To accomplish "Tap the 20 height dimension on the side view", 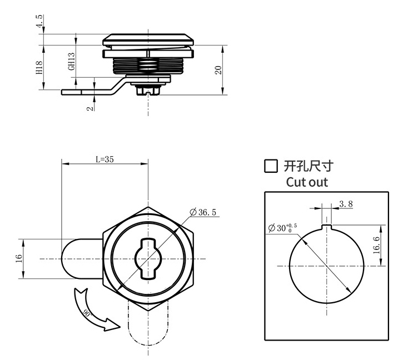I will tap(218, 69).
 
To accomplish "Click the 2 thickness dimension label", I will tap(89, 107).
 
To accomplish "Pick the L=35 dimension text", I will tap(105, 159).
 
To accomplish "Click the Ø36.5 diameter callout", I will tap(203, 212).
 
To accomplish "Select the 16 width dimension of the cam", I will tap(19, 259).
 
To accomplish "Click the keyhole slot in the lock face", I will tap(148, 258).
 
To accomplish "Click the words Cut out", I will tap(306, 182).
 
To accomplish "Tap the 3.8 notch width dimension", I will tap(345, 204).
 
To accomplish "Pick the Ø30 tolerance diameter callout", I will tap(282, 228).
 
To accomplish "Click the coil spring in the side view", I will tap(148, 66).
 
